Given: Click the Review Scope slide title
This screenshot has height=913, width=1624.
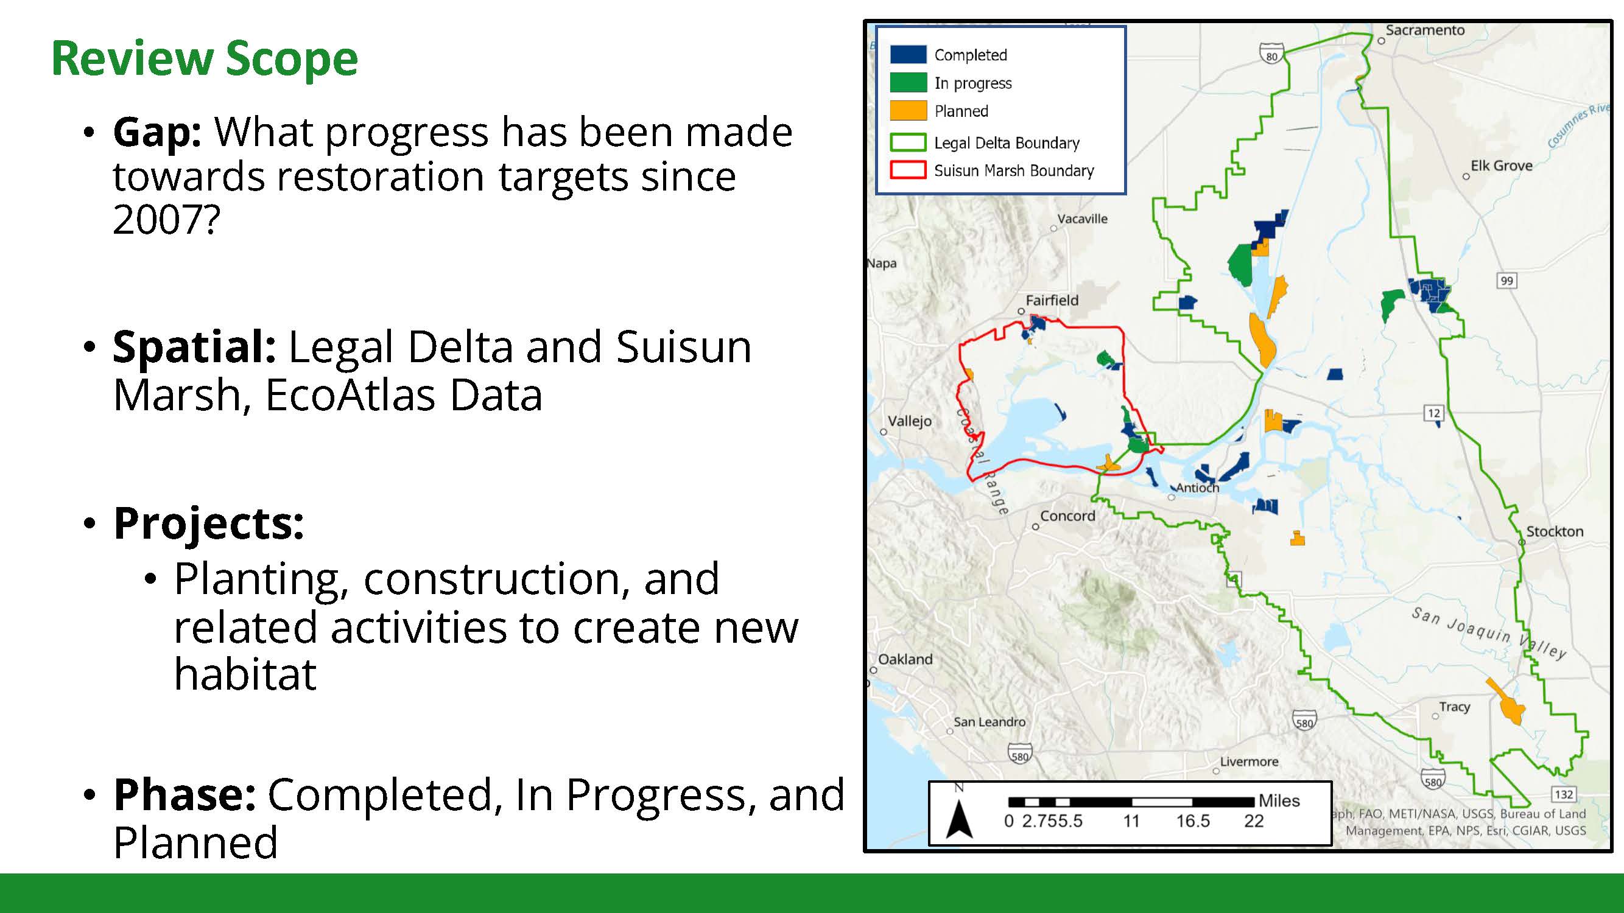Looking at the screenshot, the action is click(x=204, y=58).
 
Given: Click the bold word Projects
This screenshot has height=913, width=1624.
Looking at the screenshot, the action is click(x=208, y=524).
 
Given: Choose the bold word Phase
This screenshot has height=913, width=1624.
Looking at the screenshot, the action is click(x=184, y=794).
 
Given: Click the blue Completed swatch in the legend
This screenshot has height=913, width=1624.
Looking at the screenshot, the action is click(x=909, y=54).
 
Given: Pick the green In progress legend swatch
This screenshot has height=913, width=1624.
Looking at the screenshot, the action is click(x=909, y=83).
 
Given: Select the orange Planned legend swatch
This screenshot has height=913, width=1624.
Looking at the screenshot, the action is click(x=909, y=110).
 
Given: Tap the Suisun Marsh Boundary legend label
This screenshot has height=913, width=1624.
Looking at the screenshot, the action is click(x=1014, y=171).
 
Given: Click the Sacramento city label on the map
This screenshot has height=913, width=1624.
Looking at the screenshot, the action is click(x=1425, y=30).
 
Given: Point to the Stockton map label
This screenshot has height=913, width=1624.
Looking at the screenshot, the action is click(x=1555, y=531).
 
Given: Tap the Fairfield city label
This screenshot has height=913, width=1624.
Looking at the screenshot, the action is click(x=1052, y=301).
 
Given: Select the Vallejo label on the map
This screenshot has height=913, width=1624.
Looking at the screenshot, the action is click(x=910, y=421).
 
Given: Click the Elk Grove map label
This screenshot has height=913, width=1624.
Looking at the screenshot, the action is click(x=1502, y=166).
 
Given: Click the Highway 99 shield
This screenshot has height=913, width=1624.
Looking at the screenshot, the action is click(x=1506, y=281).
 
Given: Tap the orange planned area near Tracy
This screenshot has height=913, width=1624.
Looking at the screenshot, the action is click(x=1507, y=702).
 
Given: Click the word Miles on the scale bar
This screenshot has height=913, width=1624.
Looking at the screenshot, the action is click(x=1279, y=801).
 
